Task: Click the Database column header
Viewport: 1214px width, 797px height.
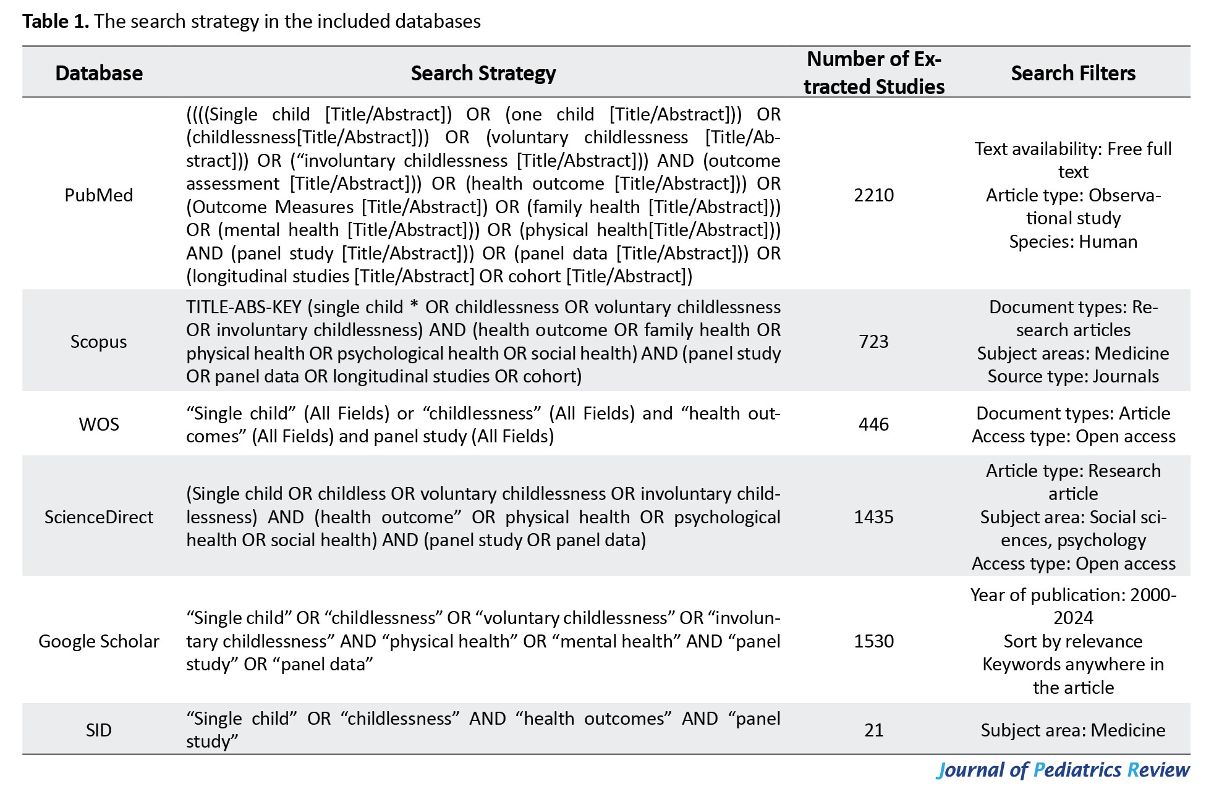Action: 99,73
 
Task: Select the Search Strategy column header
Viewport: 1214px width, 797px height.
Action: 483,73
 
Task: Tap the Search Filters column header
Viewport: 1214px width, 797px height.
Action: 1073,73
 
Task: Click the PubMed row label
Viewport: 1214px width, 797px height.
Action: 99,195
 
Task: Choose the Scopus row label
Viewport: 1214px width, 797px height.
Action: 99,342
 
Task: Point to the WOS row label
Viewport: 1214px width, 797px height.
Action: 99,424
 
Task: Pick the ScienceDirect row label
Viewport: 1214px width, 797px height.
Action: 99,517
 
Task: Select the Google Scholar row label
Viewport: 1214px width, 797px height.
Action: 99,641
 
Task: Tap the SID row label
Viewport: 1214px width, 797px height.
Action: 99,730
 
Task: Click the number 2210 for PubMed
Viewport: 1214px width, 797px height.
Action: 874,195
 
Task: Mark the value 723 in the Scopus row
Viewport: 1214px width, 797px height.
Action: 874,342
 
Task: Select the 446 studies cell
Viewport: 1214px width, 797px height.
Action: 874,424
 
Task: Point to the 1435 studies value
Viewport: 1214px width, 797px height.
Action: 874,517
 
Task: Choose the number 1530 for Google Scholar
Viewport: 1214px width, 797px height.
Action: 874,641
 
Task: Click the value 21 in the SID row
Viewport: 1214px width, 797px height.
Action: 874,730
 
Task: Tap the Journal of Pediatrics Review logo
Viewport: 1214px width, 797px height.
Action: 1063,770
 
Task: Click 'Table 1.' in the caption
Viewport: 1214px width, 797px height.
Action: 56,22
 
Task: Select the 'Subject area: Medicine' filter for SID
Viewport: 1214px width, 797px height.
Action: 1073,730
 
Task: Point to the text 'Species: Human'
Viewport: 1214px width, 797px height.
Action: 1073,242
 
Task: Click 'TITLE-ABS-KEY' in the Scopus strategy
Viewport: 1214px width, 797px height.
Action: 244,307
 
